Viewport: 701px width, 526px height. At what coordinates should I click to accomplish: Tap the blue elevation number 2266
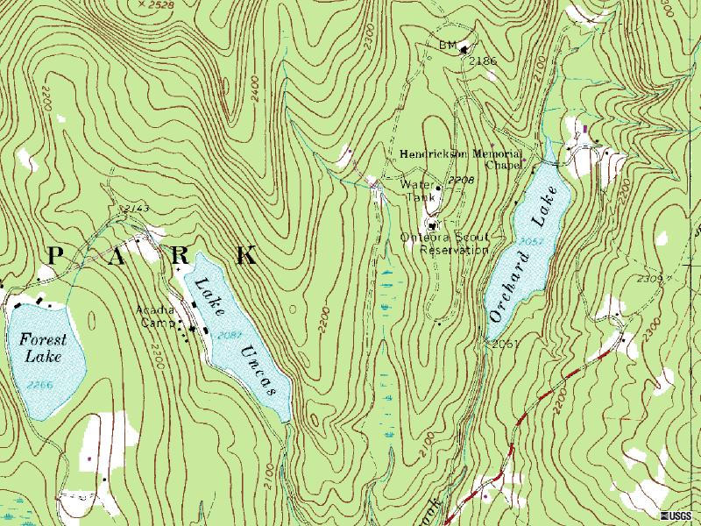[39, 384]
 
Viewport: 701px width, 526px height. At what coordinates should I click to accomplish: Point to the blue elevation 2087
[230, 334]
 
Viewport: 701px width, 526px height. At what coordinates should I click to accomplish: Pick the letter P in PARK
[56, 255]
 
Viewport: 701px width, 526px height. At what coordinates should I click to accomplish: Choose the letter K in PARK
[246, 255]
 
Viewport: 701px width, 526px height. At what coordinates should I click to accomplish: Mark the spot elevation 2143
[137, 207]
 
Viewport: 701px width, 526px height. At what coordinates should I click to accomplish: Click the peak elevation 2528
[159, 4]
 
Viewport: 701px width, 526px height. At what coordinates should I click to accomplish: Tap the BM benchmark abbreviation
[446, 44]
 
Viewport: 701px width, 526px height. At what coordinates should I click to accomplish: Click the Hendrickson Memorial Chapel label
[462, 158]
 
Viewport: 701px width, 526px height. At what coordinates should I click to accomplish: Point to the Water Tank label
[418, 191]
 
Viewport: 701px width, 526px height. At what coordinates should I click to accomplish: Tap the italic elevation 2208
[460, 180]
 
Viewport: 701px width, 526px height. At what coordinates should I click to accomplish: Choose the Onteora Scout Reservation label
[443, 244]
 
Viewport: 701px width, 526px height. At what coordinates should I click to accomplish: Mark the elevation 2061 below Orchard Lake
[506, 344]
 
